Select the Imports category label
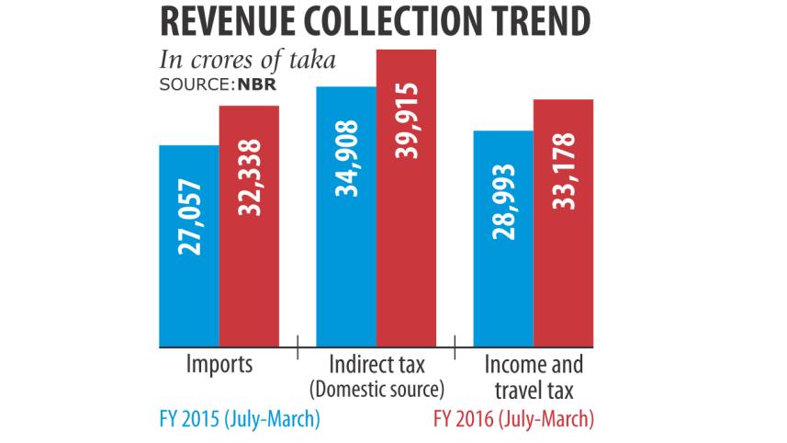click(219, 364)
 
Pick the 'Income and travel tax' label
click(535, 375)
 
